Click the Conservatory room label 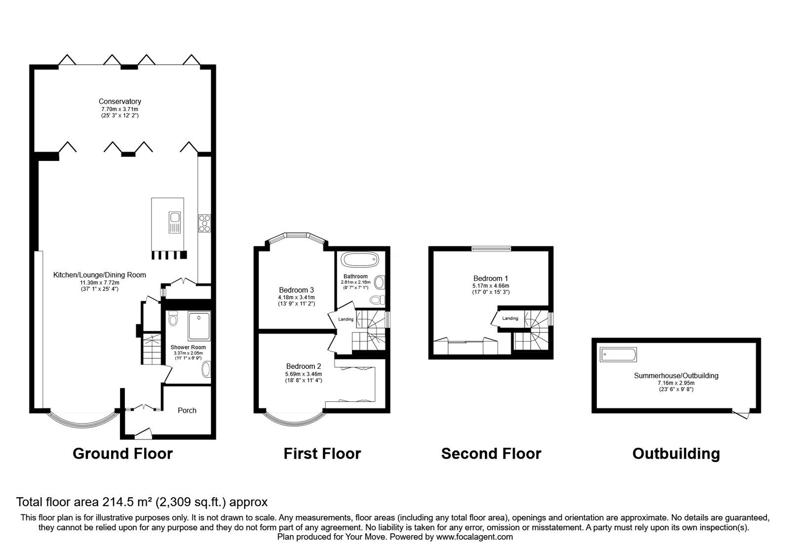119,102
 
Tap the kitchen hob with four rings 204,224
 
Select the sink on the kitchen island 175,222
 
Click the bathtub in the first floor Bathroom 359,260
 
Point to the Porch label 187,410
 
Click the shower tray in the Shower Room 199,326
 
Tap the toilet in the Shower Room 173,319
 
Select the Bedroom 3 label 296,290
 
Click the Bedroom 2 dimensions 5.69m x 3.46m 304,374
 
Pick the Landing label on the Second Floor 510,318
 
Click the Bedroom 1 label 491,278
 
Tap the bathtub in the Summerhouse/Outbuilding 618,355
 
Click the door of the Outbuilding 741,414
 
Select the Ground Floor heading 123,454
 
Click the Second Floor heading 491,454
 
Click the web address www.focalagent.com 474,537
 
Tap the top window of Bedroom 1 491,249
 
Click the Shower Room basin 205,370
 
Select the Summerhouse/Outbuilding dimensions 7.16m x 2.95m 676,383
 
